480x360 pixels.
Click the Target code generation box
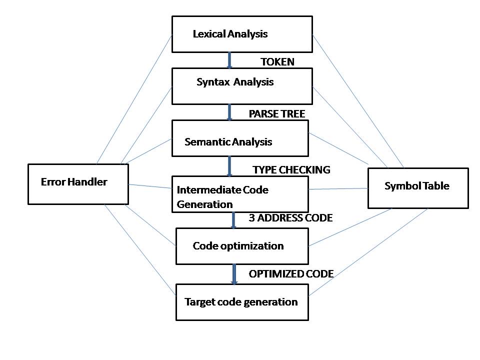(242, 302)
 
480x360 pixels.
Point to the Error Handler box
(78, 184)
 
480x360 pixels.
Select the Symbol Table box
(418, 188)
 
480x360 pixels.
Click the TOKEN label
(277, 62)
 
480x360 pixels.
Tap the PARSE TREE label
(276, 114)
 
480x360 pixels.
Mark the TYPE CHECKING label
(291, 170)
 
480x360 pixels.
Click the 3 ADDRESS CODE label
(290, 218)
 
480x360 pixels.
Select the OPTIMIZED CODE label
(291, 274)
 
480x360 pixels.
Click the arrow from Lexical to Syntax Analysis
(229, 60)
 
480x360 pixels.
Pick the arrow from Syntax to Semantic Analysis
(229, 112)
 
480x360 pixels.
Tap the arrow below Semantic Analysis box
(229, 166)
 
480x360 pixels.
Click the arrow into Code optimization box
(233, 220)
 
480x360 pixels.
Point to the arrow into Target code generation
(233, 274)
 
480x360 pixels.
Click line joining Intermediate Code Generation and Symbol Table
(338, 189)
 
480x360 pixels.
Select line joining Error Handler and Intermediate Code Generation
(150, 186)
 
